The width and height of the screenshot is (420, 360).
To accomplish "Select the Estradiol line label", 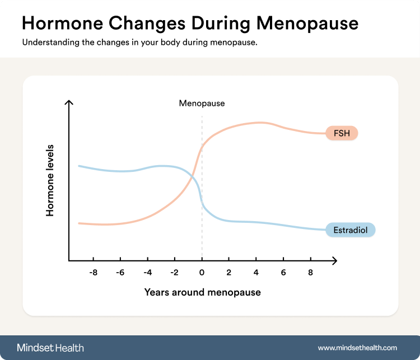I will (x=350, y=230).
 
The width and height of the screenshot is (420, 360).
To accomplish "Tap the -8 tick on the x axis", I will (x=92, y=273).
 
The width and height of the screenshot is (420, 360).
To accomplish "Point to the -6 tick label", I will (x=119, y=273).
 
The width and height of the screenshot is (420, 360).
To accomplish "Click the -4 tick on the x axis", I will (x=147, y=273).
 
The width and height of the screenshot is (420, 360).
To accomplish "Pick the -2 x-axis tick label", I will (x=174, y=273).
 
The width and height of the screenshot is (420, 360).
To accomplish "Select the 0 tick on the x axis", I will (x=202, y=273).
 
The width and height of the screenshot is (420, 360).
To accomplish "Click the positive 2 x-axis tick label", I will (x=228, y=273).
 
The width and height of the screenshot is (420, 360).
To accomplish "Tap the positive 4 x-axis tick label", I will (x=256, y=273).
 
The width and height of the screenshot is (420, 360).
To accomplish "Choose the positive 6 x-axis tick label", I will (x=283, y=273).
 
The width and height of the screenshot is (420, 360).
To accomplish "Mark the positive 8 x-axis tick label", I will (x=311, y=273).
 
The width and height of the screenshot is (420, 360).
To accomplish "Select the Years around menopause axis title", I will (x=202, y=292).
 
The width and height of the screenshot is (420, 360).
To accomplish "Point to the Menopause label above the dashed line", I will (x=202, y=103).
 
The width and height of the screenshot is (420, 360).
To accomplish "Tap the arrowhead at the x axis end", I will (x=334, y=261).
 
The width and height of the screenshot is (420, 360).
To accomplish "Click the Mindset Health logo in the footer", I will (x=50, y=348).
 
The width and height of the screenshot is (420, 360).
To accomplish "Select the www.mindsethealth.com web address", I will (x=357, y=348).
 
